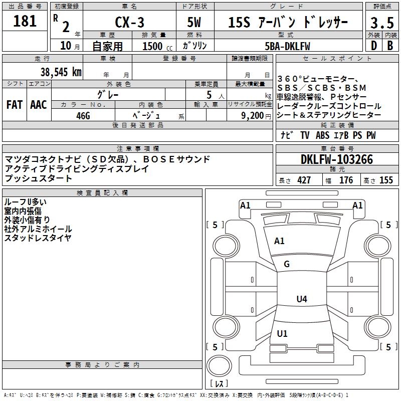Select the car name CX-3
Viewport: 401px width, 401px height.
click(130, 23)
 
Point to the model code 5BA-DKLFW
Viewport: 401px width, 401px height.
click(287, 46)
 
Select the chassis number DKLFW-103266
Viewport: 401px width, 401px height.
click(337, 160)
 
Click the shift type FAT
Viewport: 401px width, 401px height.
click(15, 105)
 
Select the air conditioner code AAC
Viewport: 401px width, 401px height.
click(39, 105)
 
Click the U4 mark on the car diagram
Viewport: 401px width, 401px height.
click(301, 299)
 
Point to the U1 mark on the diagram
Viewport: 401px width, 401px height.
click(282, 334)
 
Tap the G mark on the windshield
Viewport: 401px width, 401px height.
click(287, 264)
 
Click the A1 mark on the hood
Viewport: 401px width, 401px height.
click(279, 241)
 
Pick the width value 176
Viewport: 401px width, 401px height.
click(346, 180)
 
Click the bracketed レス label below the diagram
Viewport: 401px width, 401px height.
click(219, 383)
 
